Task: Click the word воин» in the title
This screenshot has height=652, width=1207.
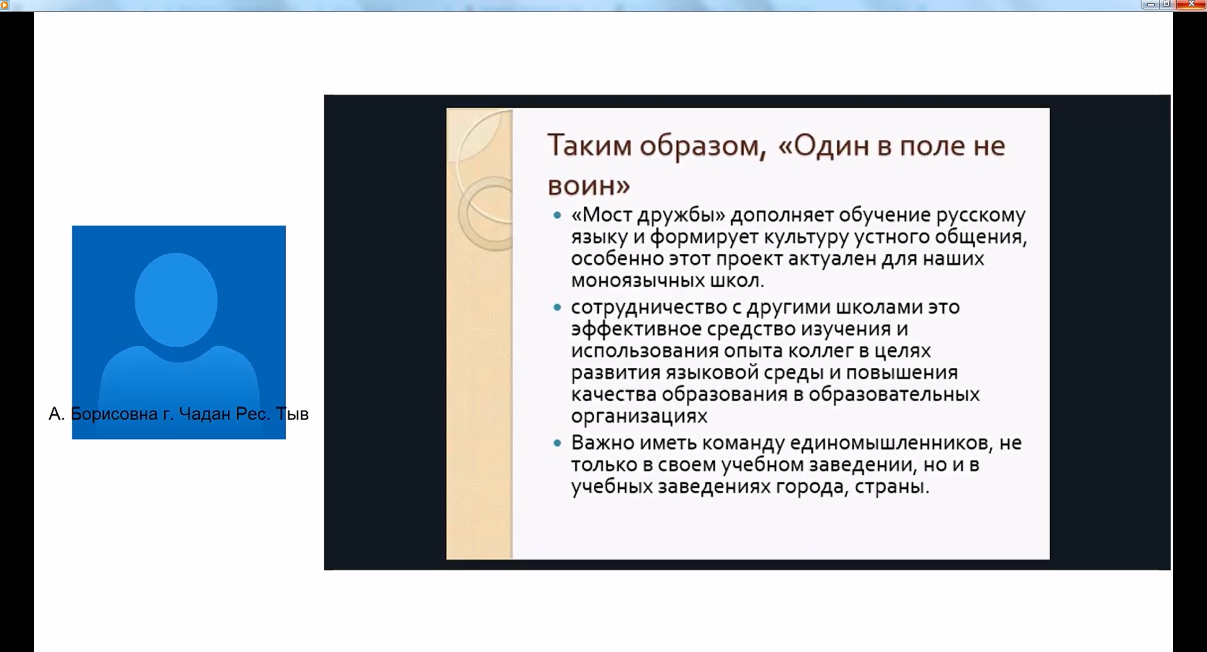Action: (x=589, y=186)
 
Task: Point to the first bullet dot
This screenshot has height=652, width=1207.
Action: (x=557, y=215)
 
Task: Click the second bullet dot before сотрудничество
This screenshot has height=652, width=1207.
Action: (x=557, y=307)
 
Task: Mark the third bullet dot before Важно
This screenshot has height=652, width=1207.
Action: (x=557, y=443)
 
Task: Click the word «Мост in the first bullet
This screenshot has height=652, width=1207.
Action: (x=601, y=215)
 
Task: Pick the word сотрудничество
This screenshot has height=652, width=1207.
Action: (x=649, y=308)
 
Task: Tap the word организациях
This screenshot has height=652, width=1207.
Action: (x=639, y=417)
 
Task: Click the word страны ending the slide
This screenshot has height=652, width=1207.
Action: (x=892, y=487)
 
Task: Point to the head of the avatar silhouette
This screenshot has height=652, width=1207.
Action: (x=176, y=299)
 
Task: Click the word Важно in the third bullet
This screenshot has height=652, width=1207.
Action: (x=603, y=443)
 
